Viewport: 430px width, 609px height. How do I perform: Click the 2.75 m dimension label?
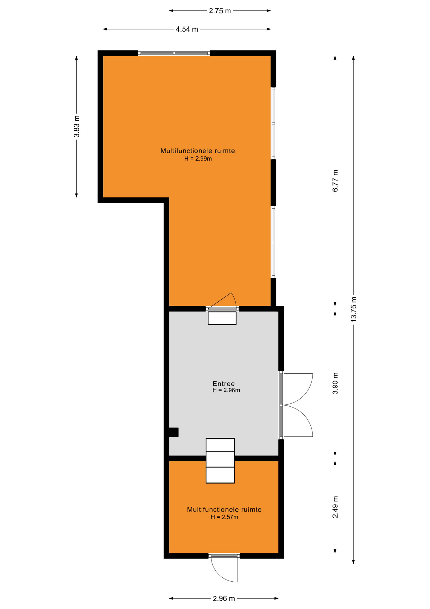point(220,11)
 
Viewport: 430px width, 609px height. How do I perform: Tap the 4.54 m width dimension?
point(187,29)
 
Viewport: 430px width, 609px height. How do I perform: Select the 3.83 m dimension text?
point(76,127)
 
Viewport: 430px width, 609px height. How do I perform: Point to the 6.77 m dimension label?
point(335,181)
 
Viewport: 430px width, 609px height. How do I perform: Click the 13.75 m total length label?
point(353,309)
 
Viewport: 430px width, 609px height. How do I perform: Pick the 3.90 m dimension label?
point(335,383)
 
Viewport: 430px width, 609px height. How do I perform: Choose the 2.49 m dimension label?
point(335,507)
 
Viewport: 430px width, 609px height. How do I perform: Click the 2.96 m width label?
point(224,599)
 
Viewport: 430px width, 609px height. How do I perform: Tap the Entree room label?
point(224,383)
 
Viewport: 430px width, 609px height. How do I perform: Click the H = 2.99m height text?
point(198,159)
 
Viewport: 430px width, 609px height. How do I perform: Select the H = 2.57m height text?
point(224,517)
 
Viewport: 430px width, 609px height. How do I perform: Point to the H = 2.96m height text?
point(226,390)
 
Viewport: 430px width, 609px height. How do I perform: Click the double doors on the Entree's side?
point(296,405)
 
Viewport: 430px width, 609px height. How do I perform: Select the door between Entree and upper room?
point(222,301)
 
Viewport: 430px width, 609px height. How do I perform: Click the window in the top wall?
point(174,53)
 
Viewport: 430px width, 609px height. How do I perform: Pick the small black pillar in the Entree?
point(174,432)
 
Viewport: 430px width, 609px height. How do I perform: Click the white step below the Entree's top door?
point(222,318)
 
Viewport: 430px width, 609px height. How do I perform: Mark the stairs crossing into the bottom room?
point(220,461)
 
